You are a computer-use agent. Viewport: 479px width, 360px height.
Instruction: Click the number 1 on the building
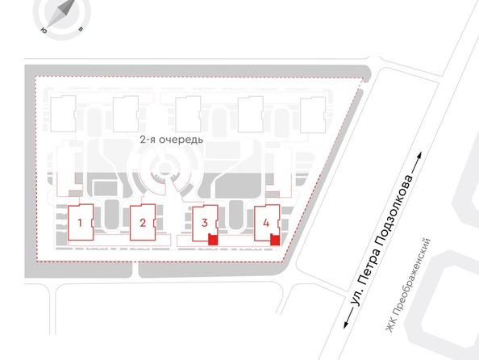(80, 223)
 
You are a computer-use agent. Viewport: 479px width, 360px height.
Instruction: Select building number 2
(143, 223)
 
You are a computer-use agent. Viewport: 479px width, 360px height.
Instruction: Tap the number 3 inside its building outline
(205, 223)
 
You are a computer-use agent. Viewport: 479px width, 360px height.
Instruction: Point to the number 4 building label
(266, 223)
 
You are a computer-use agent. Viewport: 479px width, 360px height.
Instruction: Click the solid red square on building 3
(213, 240)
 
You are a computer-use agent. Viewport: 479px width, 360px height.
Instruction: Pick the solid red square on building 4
(275, 240)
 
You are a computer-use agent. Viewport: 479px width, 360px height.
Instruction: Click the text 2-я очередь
(172, 140)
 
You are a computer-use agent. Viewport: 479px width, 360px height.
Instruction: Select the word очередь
(181, 140)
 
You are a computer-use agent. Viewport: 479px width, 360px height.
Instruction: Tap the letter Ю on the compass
(44, 31)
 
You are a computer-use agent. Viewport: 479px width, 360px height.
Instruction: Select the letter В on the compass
(81, 29)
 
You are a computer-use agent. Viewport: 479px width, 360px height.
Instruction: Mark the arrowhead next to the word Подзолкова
(419, 156)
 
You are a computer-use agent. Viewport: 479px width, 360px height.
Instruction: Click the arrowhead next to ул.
(347, 324)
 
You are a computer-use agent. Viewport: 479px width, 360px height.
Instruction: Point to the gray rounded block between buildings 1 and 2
(111, 214)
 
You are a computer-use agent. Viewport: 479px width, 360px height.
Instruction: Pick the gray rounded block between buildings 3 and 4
(235, 214)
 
